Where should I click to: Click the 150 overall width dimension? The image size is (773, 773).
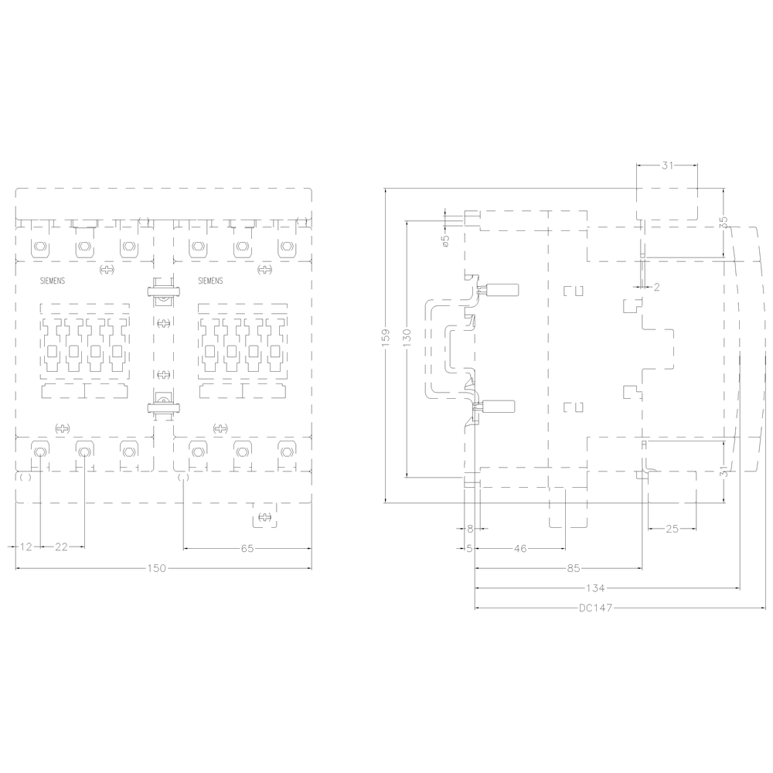157,568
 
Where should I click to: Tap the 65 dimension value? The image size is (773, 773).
247,548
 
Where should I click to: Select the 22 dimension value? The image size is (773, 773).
61,547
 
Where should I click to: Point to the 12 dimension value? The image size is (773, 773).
26,547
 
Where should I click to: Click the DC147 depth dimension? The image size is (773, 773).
595,608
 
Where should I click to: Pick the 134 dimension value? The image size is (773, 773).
595,588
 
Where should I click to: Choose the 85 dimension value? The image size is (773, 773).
574,568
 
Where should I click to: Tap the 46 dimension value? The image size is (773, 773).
520,548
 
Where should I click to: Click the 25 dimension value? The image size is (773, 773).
672,529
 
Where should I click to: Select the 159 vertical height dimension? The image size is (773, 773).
386,338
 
